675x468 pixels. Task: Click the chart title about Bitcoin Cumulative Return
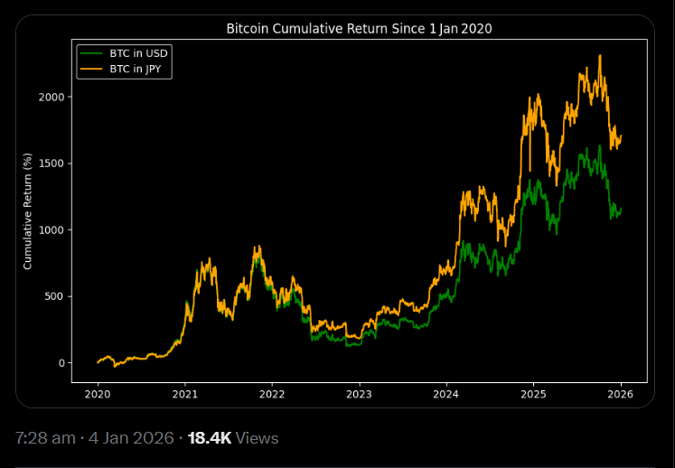click(x=359, y=29)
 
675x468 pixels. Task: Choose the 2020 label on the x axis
click(x=98, y=394)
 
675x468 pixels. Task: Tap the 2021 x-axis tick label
click(x=185, y=394)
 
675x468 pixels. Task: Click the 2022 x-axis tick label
click(x=272, y=394)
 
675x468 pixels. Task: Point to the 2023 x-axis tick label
click(x=359, y=394)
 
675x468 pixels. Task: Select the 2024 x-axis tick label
click(x=446, y=394)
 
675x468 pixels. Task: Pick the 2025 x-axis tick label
click(x=533, y=394)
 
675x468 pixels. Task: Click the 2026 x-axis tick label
click(x=620, y=394)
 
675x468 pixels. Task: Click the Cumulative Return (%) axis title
click(x=28, y=211)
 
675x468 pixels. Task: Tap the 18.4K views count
click(x=210, y=438)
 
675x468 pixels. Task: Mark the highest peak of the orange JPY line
click(x=600, y=56)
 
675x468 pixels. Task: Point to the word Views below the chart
click(x=258, y=438)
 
